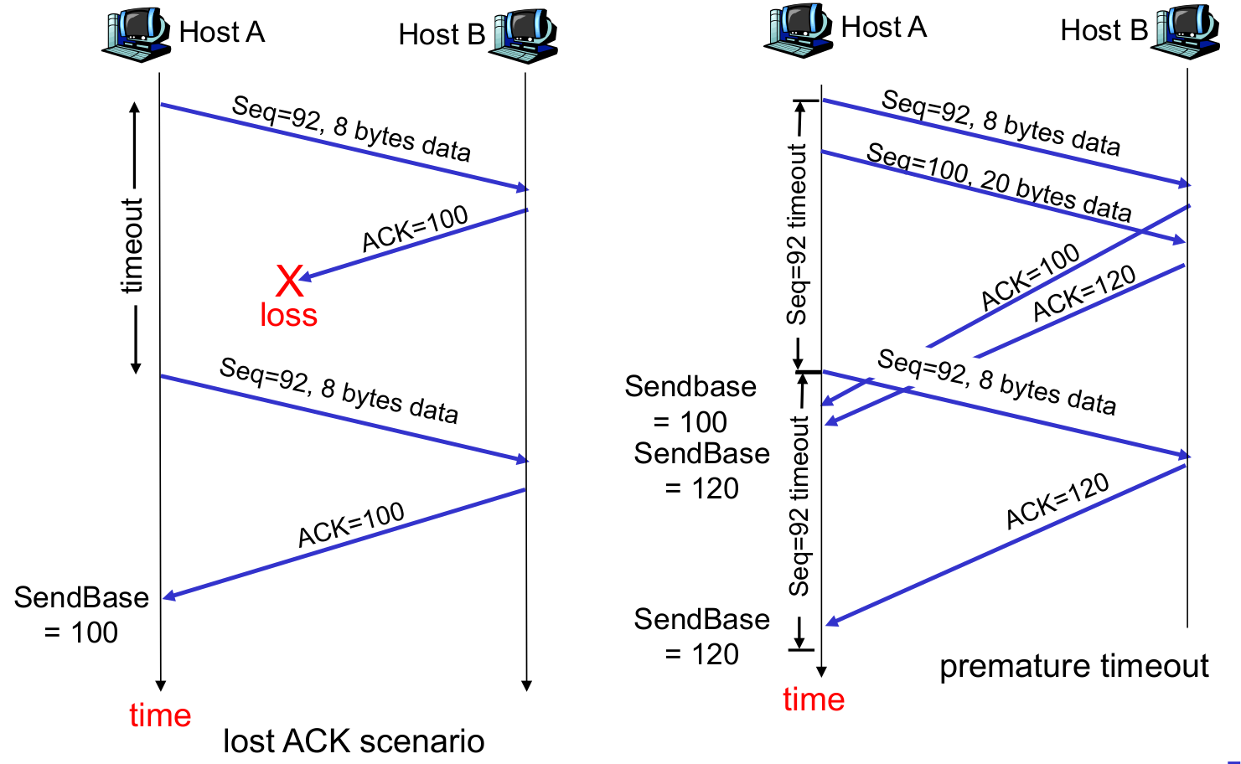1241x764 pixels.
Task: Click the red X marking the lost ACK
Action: click(289, 281)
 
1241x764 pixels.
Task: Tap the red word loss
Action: click(288, 315)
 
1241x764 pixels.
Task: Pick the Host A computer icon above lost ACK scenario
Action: click(136, 36)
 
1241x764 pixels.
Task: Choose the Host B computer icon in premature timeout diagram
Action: click(1187, 32)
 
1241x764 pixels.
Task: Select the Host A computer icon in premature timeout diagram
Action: click(798, 32)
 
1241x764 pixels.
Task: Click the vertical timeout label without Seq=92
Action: click(132, 245)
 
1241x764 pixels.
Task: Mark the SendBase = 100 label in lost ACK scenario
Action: click(81, 615)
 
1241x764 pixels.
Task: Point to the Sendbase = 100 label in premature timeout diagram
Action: click(690, 404)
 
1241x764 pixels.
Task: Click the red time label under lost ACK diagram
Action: click(160, 715)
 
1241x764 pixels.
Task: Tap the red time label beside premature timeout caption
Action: click(814, 699)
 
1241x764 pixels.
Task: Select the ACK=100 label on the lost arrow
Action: click(415, 228)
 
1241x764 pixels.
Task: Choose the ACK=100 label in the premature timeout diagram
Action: click(1030, 277)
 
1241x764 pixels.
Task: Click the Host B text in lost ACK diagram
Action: click(442, 35)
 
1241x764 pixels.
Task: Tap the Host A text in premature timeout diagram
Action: click(883, 28)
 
